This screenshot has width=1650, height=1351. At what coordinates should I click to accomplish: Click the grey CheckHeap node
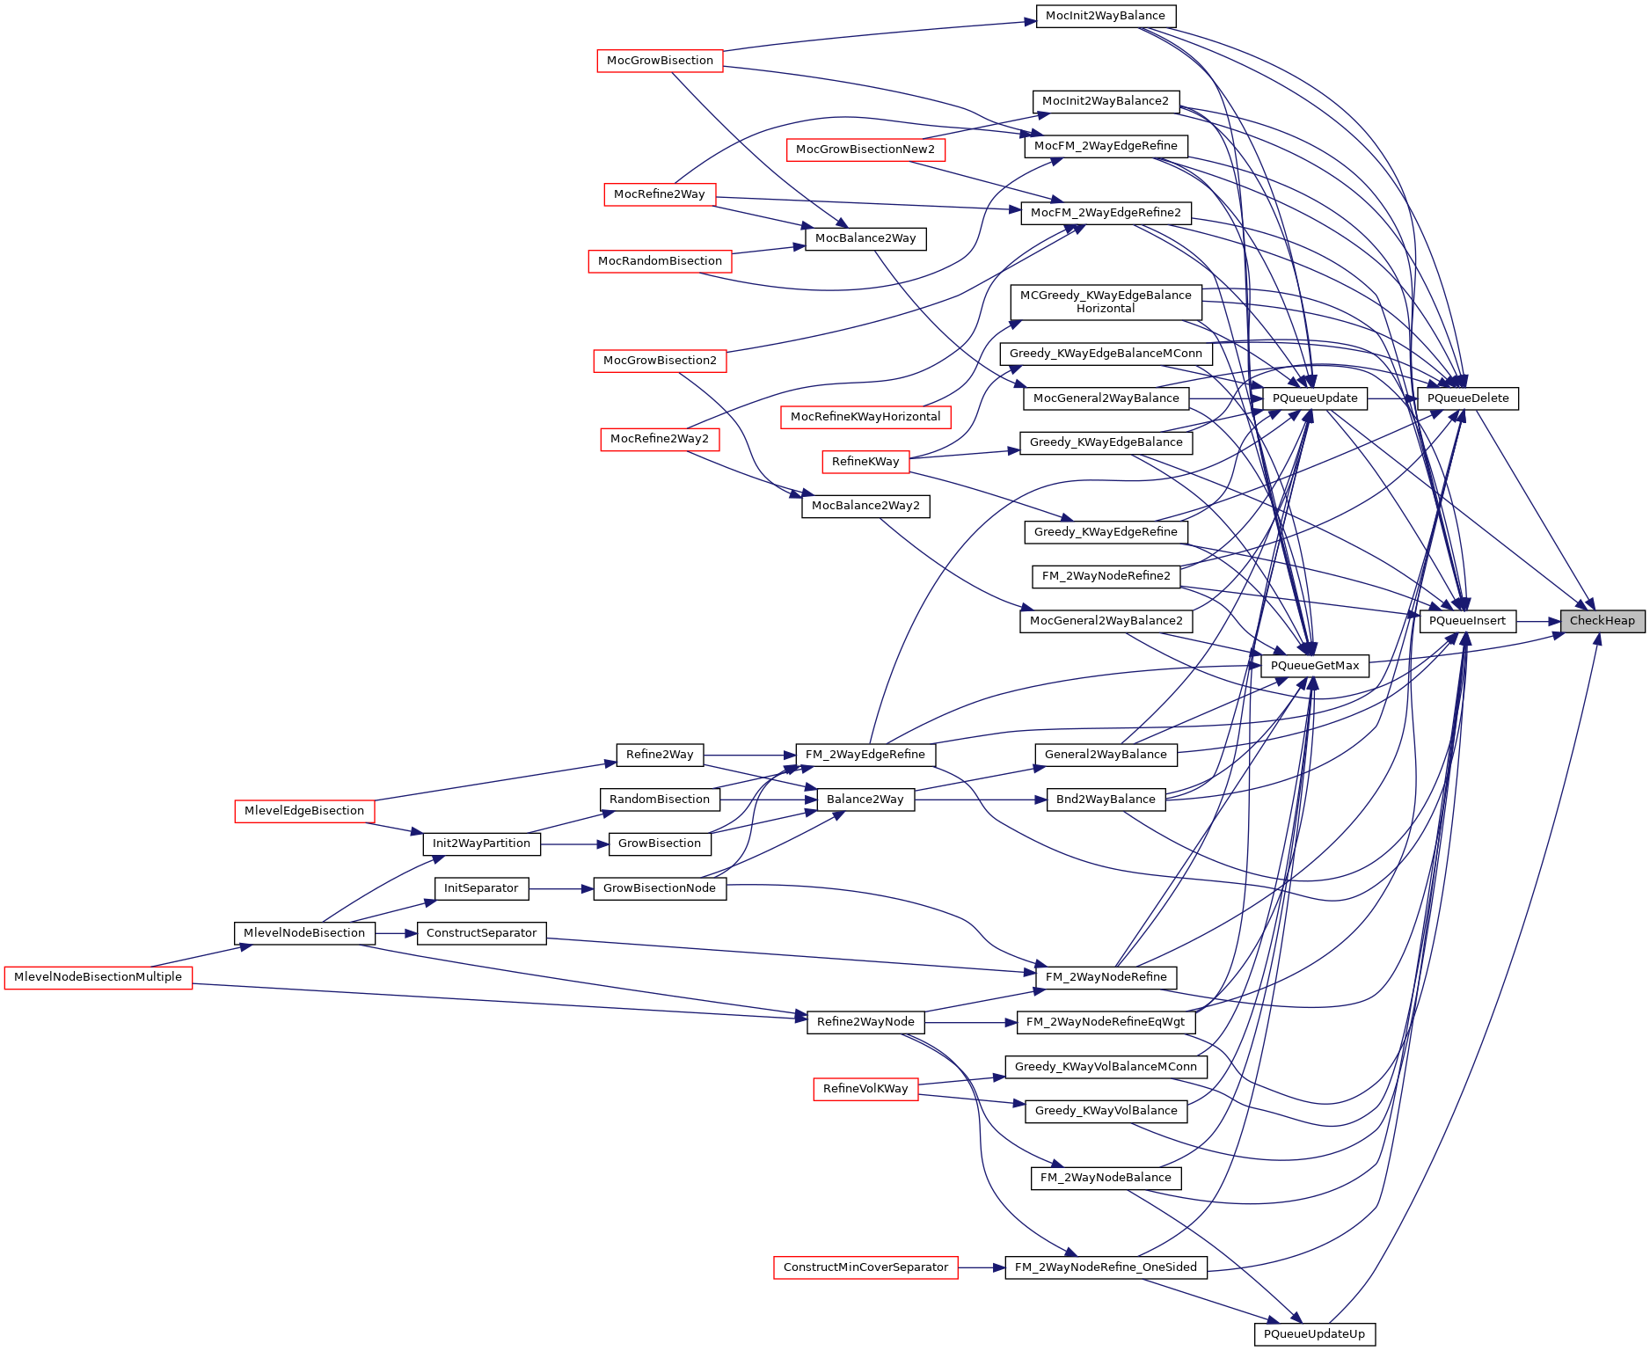point(1602,621)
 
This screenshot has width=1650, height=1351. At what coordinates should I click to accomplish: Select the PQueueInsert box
point(1467,621)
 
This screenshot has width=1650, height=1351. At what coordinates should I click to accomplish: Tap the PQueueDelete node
point(1467,398)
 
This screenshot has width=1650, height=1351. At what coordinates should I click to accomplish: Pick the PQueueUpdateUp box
point(1314,1334)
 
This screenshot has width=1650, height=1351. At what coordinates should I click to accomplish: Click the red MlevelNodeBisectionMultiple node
point(98,977)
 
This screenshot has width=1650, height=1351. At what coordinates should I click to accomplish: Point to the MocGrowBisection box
point(660,61)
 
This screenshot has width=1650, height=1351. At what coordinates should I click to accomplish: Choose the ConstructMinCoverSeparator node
point(865,1267)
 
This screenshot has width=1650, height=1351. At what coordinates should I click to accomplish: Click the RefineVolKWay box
point(865,1089)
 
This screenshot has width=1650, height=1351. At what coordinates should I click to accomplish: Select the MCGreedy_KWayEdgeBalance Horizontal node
point(1106,302)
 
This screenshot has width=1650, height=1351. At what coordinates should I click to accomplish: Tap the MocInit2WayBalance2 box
point(1106,101)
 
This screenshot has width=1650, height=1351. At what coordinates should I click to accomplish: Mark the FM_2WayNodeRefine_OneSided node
point(1106,1267)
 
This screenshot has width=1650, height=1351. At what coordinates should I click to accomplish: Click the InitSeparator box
point(481,888)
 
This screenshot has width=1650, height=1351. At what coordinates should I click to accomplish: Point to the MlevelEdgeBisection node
point(304,811)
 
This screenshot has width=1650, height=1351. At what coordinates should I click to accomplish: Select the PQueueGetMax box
point(1314,666)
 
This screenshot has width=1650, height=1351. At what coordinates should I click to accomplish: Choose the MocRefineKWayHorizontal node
point(865,417)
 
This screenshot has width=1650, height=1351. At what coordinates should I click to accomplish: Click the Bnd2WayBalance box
point(1106,800)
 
